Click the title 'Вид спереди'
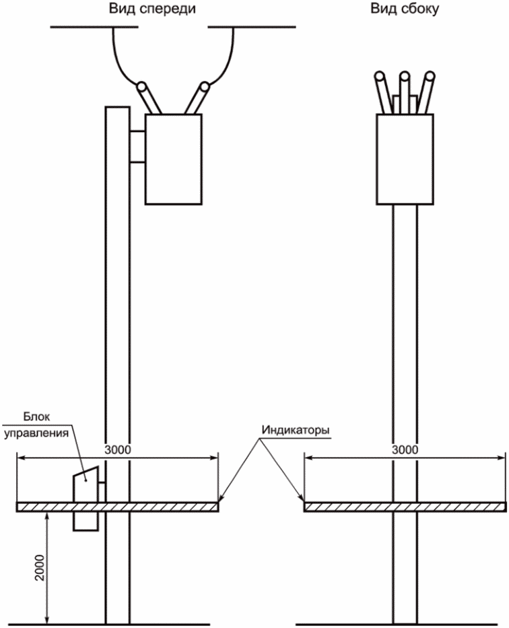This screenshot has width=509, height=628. click(152, 9)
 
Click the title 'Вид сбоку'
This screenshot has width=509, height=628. click(405, 9)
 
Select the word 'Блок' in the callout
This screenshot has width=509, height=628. click(36, 416)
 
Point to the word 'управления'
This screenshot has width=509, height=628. click(36, 433)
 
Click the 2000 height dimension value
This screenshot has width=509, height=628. click(40, 568)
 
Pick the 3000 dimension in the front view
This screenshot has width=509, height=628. click(118, 449)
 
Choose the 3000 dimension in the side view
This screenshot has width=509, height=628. click(405, 449)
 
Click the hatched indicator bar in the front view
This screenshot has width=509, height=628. click(118, 507)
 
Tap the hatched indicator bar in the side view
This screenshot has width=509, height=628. click(405, 507)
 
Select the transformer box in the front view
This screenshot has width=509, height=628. click(173, 160)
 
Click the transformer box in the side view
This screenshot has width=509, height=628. click(405, 160)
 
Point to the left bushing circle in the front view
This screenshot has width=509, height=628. click(141, 86)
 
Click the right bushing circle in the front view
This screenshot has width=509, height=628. click(205, 86)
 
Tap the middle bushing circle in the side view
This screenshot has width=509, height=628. click(405, 76)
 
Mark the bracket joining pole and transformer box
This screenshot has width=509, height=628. click(137, 147)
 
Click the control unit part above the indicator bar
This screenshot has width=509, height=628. click(86, 484)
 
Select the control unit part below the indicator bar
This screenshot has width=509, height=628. click(86, 522)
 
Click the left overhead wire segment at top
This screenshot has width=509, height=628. click(94, 27)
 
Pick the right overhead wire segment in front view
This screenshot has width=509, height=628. click(252, 27)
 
